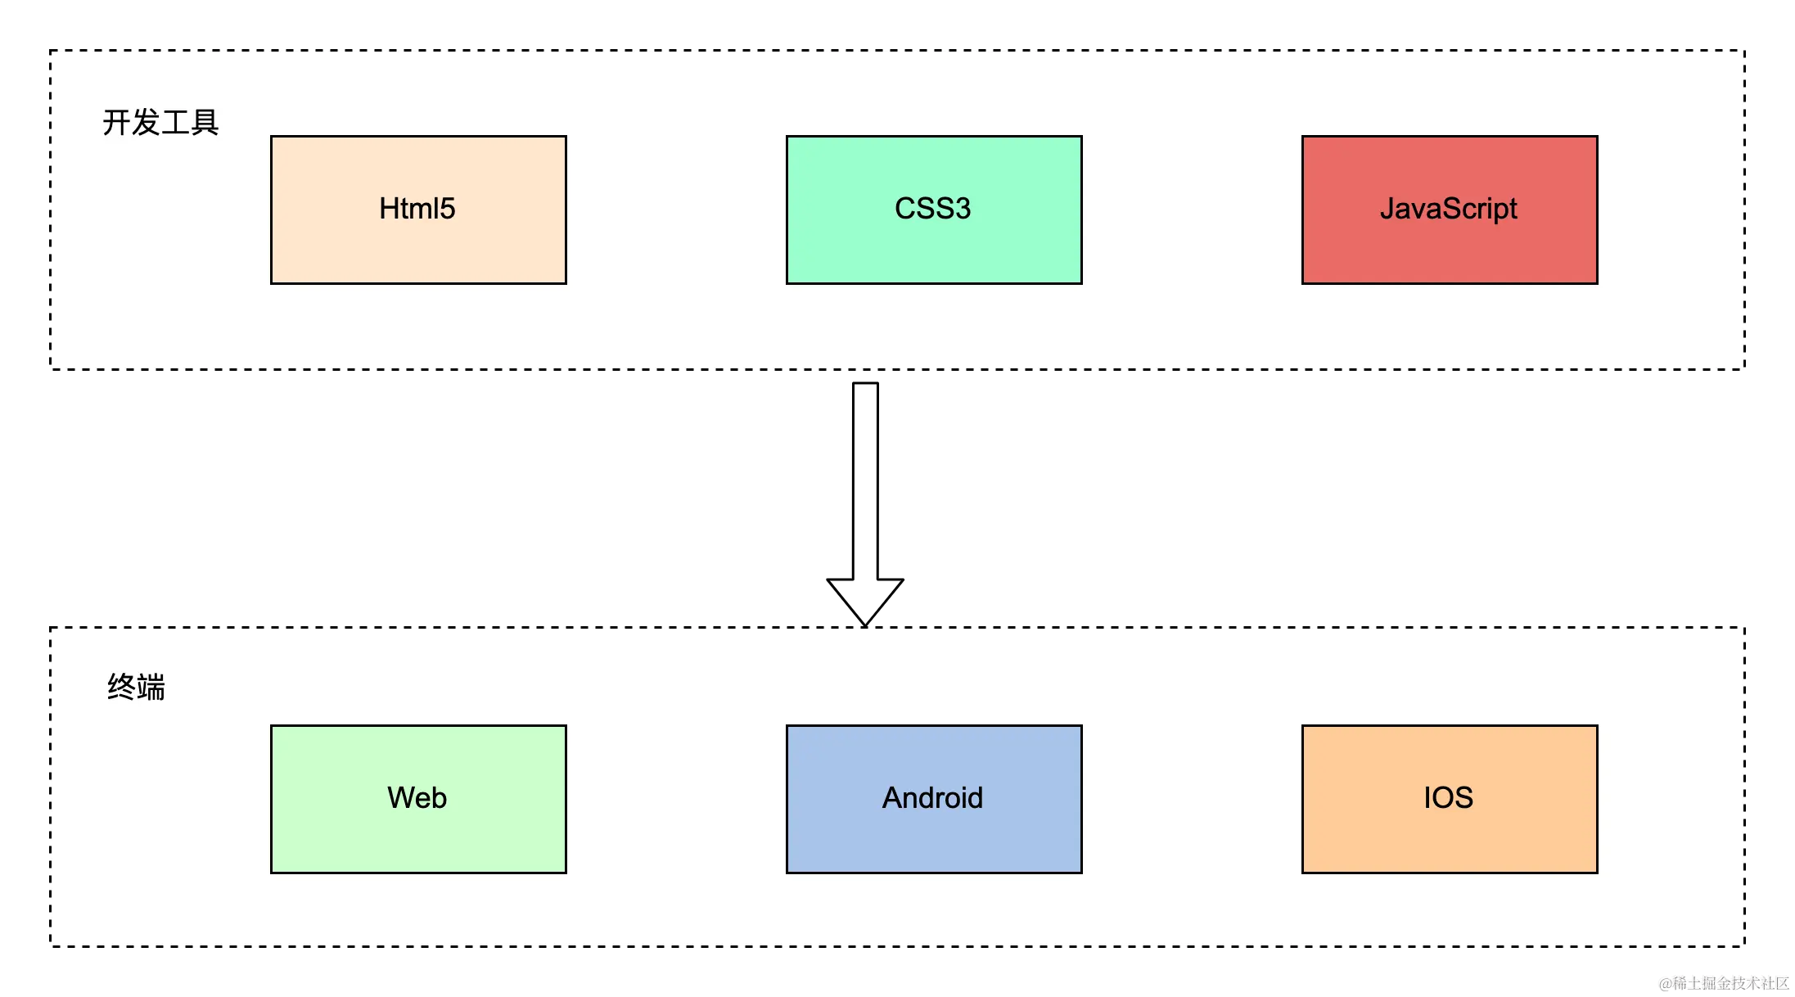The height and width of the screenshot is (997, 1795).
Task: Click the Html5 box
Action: [x=418, y=210]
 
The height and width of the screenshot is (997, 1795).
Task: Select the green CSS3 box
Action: [x=934, y=210]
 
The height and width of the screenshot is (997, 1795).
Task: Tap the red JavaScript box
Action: [x=1450, y=210]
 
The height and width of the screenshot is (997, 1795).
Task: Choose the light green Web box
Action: [x=418, y=799]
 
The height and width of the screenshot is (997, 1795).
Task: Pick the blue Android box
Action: [x=934, y=799]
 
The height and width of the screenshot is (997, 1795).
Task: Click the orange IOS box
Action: [x=1450, y=799]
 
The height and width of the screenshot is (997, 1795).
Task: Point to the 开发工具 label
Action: [x=160, y=122]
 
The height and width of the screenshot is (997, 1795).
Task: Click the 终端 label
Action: [x=136, y=687]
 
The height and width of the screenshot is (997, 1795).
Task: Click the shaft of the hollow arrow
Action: [x=865, y=481]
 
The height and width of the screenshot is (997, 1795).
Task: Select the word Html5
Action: [x=417, y=209]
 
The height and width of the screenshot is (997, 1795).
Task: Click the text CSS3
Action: [x=933, y=209]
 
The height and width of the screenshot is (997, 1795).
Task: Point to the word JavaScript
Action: [x=1449, y=210]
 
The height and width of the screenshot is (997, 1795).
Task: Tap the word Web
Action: [x=417, y=798]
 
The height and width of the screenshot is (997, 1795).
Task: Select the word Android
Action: [x=933, y=798]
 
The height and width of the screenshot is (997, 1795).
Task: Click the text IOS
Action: [x=1449, y=798]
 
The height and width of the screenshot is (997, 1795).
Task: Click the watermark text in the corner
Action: [x=1724, y=983]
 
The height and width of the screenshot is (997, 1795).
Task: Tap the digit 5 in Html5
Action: [x=447, y=209]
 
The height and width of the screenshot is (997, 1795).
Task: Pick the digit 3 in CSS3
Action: [x=963, y=209]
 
